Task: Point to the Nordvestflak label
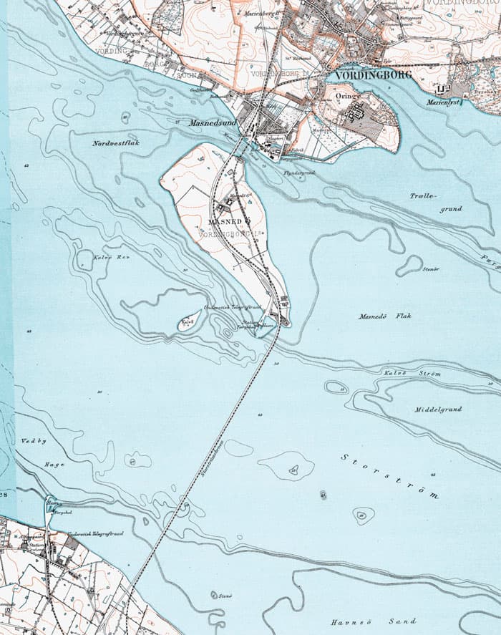click(x=115, y=144)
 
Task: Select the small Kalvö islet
click(x=189, y=324)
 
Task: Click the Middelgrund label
click(x=438, y=409)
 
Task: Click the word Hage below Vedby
click(x=54, y=465)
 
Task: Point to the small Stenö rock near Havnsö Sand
click(x=214, y=594)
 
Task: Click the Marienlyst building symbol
click(x=442, y=89)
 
